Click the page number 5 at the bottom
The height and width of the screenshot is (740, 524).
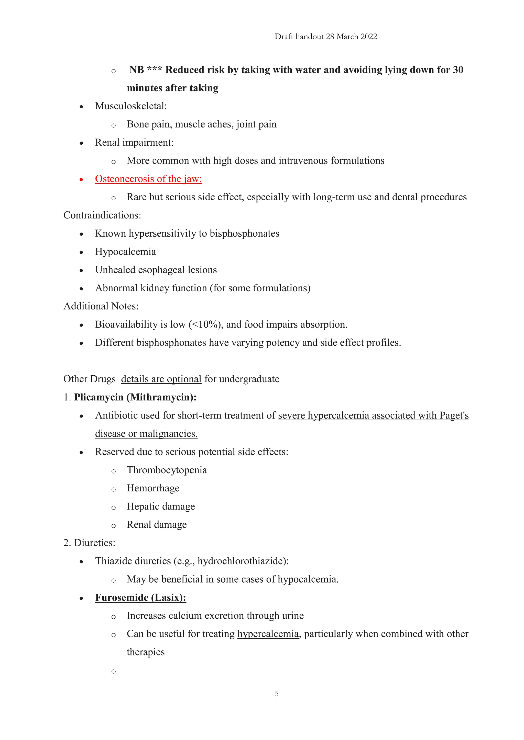277,693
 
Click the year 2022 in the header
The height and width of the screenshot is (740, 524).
369,37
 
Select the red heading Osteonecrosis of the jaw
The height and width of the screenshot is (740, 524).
148,179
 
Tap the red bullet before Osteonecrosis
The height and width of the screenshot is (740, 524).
81,180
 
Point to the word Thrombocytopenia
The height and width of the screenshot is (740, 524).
167,470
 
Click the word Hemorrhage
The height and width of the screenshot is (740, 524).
153,488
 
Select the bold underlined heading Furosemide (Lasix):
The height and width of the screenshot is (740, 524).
141,597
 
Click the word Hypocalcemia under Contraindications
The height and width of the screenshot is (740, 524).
126,252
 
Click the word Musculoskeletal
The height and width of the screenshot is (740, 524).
131,106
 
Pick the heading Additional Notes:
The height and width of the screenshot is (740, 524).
101,306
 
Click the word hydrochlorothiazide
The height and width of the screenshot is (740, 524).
242,561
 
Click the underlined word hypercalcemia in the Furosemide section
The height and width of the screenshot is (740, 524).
268,634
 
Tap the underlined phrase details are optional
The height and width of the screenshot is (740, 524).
161,379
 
